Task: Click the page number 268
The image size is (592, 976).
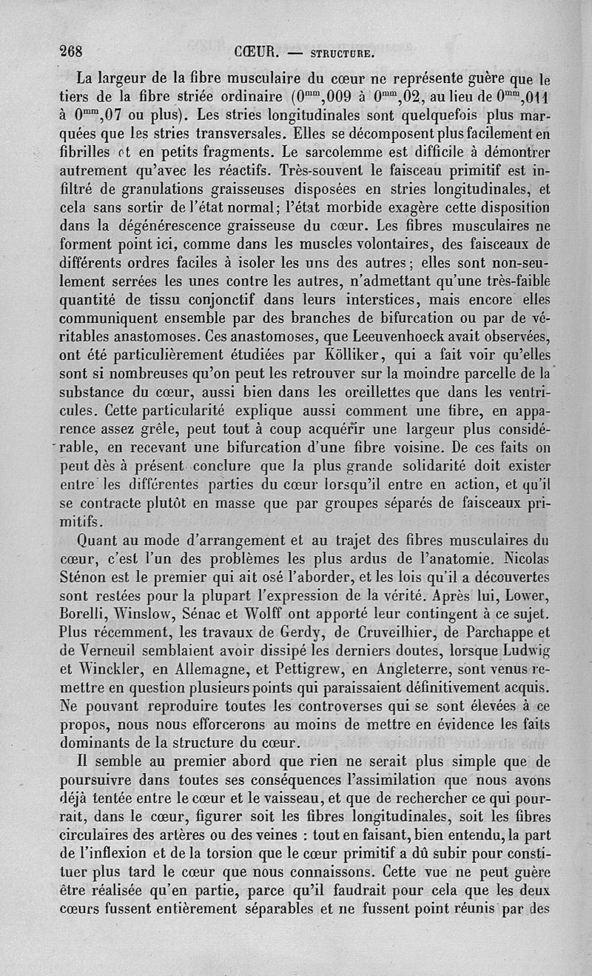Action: tap(73, 52)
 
